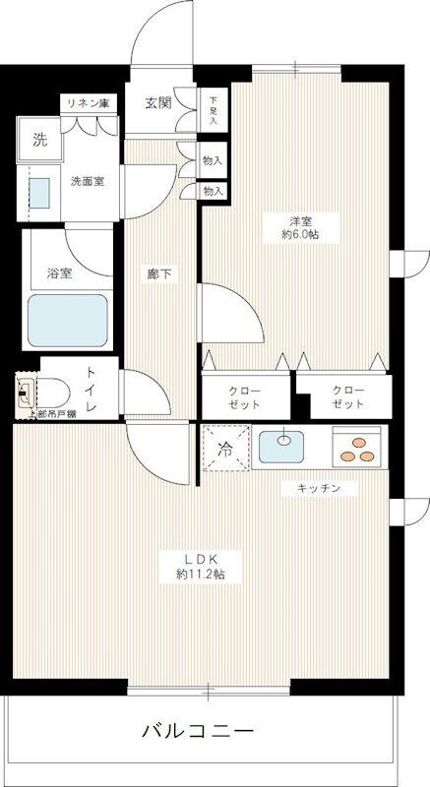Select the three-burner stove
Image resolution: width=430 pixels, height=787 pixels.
tap(357, 448)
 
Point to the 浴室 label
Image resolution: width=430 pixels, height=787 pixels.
tap(59, 273)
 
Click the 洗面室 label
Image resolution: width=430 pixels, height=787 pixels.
tap(88, 181)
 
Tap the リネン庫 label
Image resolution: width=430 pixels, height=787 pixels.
tap(87, 102)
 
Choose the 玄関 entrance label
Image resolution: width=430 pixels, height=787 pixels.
tap(159, 102)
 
